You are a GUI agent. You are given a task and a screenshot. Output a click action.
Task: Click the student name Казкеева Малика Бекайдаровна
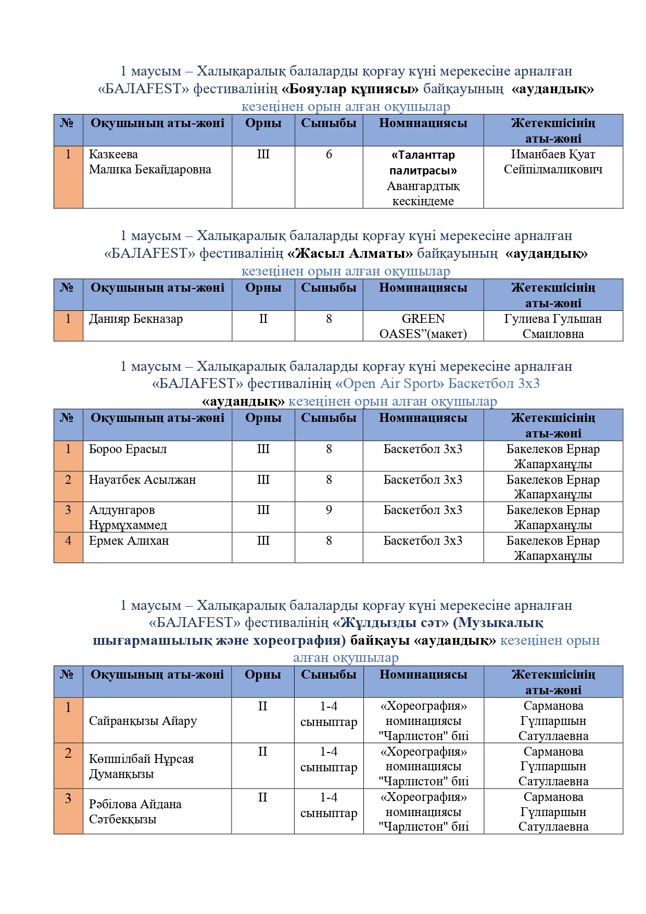(x=150, y=162)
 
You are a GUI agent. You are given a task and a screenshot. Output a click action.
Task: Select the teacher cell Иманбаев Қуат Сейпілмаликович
(x=553, y=162)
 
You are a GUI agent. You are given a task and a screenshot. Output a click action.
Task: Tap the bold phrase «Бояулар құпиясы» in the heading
(x=350, y=89)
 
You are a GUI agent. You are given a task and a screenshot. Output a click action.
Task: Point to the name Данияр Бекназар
(x=136, y=319)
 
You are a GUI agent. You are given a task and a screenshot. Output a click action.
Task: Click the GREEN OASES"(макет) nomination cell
(x=423, y=327)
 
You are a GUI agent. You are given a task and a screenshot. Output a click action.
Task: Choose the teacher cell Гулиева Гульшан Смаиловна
(x=553, y=327)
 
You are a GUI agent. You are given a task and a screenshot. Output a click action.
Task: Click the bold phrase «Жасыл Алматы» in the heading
(x=350, y=254)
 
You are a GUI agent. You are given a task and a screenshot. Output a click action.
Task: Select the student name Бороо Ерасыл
(x=128, y=449)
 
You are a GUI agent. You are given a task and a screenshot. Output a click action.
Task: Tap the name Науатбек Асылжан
(x=142, y=480)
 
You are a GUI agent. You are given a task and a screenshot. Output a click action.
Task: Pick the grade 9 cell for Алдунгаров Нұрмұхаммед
(x=328, y=510)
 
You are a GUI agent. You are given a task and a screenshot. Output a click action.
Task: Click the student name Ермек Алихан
(x=129, y=541)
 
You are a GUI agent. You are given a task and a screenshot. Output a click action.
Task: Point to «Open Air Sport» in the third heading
(x=390, y=384)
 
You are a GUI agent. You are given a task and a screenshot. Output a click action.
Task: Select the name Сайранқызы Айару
(x=143, y=721)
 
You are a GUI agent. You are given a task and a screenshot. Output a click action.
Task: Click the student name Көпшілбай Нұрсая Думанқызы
(x=141, y=767)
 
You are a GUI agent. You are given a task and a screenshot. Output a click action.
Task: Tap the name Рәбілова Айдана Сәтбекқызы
(x=135, y=812)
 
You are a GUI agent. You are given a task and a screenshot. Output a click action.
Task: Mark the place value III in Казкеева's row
(x=263, y=155)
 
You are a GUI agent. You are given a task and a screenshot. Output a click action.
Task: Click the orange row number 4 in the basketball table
(x=68, y=541)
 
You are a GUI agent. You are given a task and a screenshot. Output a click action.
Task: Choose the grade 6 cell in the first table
(x=328, y=155)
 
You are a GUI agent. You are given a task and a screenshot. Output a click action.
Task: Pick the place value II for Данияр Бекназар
(x=263, y=319)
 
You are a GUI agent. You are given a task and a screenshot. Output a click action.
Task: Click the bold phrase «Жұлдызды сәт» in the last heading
(x=390, y=623)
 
